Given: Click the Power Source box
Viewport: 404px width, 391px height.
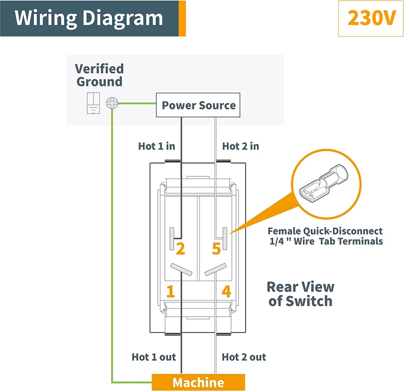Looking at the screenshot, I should (x=198, y=105).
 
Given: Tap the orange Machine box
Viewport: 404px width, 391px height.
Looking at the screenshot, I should (x=198, y=383).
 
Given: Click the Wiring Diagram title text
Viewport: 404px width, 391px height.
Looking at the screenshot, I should (x=89, y=18).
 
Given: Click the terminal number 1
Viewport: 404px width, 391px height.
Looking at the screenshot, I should (x=171, y=292).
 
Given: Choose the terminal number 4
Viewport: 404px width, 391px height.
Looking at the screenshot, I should (x=226, y=292).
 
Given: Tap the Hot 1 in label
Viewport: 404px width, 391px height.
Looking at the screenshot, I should (x=157, y=146).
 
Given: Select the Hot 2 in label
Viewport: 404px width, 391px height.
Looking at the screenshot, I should (x=241, y=146).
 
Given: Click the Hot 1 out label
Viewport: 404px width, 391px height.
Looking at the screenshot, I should (x=154, y=357).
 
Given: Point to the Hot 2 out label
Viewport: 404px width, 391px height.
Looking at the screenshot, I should (x=244, y=357).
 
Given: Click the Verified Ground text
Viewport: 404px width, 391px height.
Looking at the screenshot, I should (x=99, y=75).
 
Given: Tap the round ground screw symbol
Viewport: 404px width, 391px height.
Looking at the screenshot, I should (x=111, y=103).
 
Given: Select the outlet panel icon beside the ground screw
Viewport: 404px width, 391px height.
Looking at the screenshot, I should (x=93, y=103).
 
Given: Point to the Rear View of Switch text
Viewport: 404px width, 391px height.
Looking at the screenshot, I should (x=301, y=294).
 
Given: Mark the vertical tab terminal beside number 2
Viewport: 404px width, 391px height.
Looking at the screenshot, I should (x=172, y=237).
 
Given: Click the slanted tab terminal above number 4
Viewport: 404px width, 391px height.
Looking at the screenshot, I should (x=215, y=270).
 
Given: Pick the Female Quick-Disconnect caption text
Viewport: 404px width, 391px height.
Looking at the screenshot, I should (x=325, y=236).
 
